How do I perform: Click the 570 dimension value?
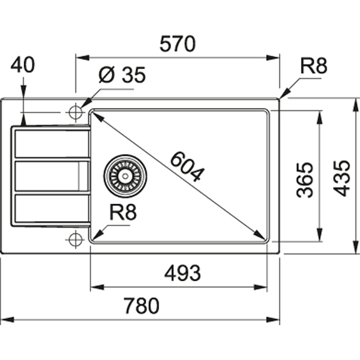pyautogui.click(x=177, y=43)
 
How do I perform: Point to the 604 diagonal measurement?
pyautogui.click(x=185, y=167)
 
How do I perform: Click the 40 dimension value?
pyautogui.click(x=22, y=65)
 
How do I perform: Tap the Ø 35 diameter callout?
pyautogui.click(x=121, y=75)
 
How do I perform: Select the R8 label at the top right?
pyautogui.click(x=313, y=66)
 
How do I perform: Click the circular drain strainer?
pyautogui.click(x=124, y=175)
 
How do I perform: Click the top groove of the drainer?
pyautogui.click(x=51, y=144)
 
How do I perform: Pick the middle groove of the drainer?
pyautogui.click(x=51, y=176)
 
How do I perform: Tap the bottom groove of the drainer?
pyautogui.click(x=51, y=208)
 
